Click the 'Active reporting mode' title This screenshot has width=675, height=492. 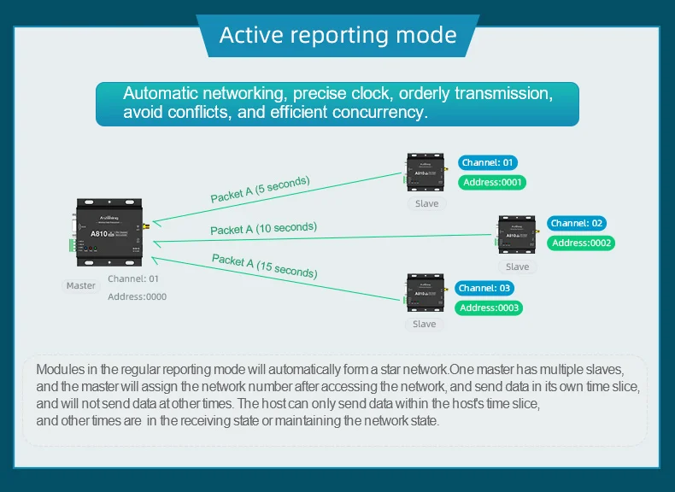(x=337, y=36)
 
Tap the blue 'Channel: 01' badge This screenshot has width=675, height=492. (x=488, y=162)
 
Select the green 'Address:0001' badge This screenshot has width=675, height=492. (x=492, y=182)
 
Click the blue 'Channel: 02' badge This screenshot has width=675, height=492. (x=577, y=223)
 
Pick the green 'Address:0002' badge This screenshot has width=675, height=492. (x=582, y=243)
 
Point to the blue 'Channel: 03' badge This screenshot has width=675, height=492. (x=483, y=288)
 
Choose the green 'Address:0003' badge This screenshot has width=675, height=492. (x=489, y=307)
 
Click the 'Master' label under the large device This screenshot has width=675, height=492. (x=81, y=285)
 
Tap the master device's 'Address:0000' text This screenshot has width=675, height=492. (x=137, y=296)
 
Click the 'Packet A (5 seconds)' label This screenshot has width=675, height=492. (x=260, y=189)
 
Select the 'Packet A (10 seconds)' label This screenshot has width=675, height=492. (x=263, y=228)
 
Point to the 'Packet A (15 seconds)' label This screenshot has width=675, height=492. (x=264, y=266)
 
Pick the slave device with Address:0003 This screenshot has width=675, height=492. (x=425, y=294)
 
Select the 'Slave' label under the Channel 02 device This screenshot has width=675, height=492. (x=517, y=266)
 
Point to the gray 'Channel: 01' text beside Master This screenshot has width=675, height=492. (x=133, y=278)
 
